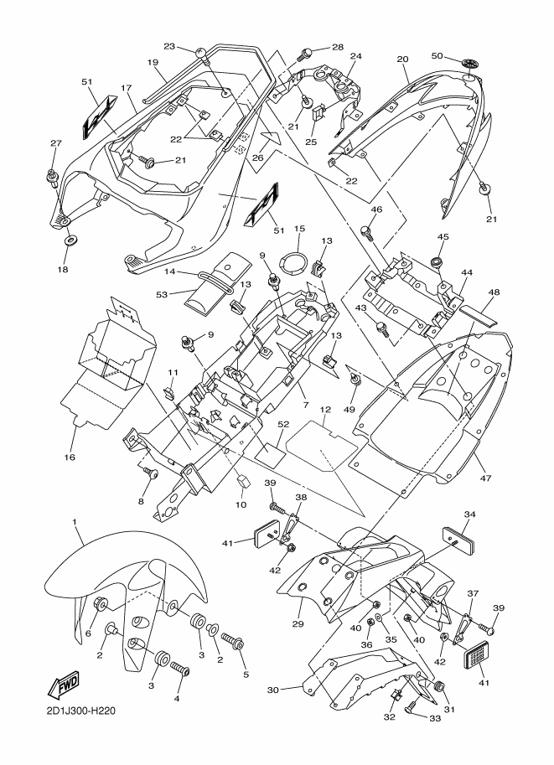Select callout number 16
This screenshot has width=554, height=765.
pyautogui.click(x=70, y=457)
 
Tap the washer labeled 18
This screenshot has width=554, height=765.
pyautogui.click(x=69, y=243)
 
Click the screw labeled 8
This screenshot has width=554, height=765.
pyautogui.click(x=152, y=475)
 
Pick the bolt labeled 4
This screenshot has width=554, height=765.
pyautogui.click(x=179, y=671)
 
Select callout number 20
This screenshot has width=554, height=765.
pyautogui.click(x=402, y=59)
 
